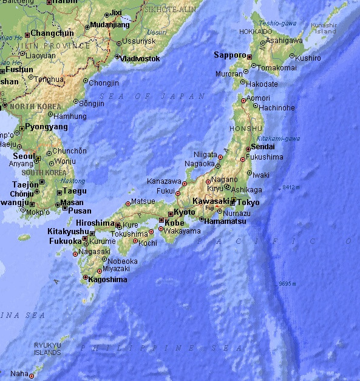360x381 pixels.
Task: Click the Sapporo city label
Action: (229, 55)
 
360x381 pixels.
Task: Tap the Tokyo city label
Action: (248, 203)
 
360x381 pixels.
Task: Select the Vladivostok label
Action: (140, 59)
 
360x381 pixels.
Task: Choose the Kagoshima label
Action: (107, 280)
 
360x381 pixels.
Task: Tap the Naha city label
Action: (19, 374)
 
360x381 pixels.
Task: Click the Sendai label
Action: (262, 147)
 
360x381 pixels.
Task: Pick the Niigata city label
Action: (205, 154)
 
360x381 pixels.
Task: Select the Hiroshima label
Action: (94, 223)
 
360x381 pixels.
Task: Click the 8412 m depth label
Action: (290, 187)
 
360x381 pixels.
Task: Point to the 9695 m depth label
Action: (287, 283)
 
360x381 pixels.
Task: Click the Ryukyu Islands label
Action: (47, 349)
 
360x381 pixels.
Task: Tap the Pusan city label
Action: (80, 211)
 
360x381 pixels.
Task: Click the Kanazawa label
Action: (164, 181)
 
